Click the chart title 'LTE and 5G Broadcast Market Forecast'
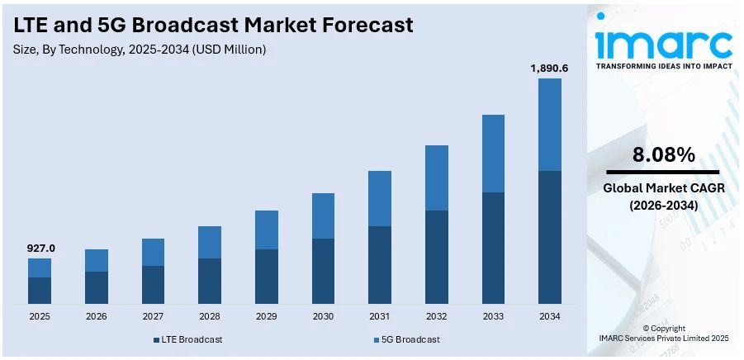[x=213, y=26]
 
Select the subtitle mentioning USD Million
[x=140, y=50]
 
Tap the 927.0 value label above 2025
[x=40, y=248]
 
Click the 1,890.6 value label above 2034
[x=549, y=68]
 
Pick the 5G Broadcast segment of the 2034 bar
[x=549, y=125]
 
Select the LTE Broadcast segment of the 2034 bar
[x=549, y=237]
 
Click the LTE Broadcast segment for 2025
[x=40, y=291]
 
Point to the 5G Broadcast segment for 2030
[x=323, y=216]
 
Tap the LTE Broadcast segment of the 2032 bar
[x=436, y=257]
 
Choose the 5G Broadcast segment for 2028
[x=210, y=242]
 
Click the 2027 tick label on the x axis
[x=153, y=316]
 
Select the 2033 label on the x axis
[x=493, y=316]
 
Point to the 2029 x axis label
[x=266, y=316]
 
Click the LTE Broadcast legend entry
[x=187, y=339]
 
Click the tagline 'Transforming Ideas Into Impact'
[x=664, y=66]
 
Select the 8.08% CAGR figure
[x=664, y=154]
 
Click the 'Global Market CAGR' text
[x=664, y=188]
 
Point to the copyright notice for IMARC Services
[x=664, y=334]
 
